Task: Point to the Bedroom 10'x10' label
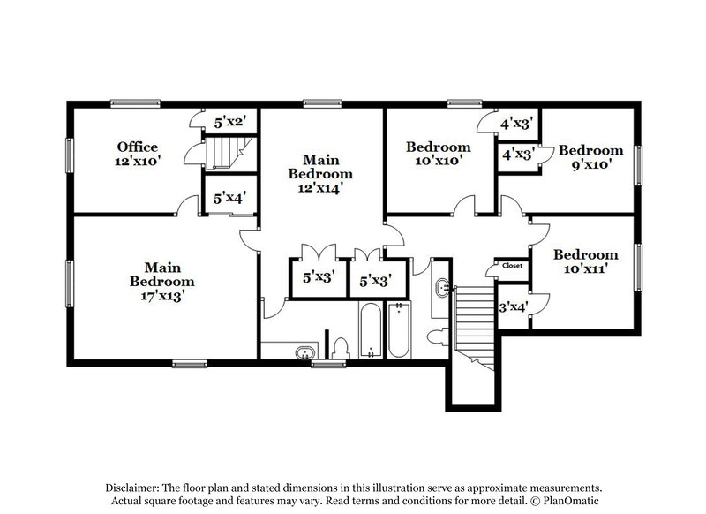pos(438,154)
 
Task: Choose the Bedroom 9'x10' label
pos(590,157)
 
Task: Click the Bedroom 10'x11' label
pos(585,263)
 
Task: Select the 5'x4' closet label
pos(229,200)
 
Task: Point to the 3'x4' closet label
pos(513,307)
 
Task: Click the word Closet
pos(512,265)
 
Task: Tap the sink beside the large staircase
pos(443,286)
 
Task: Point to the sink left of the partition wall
pos(304,351)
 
